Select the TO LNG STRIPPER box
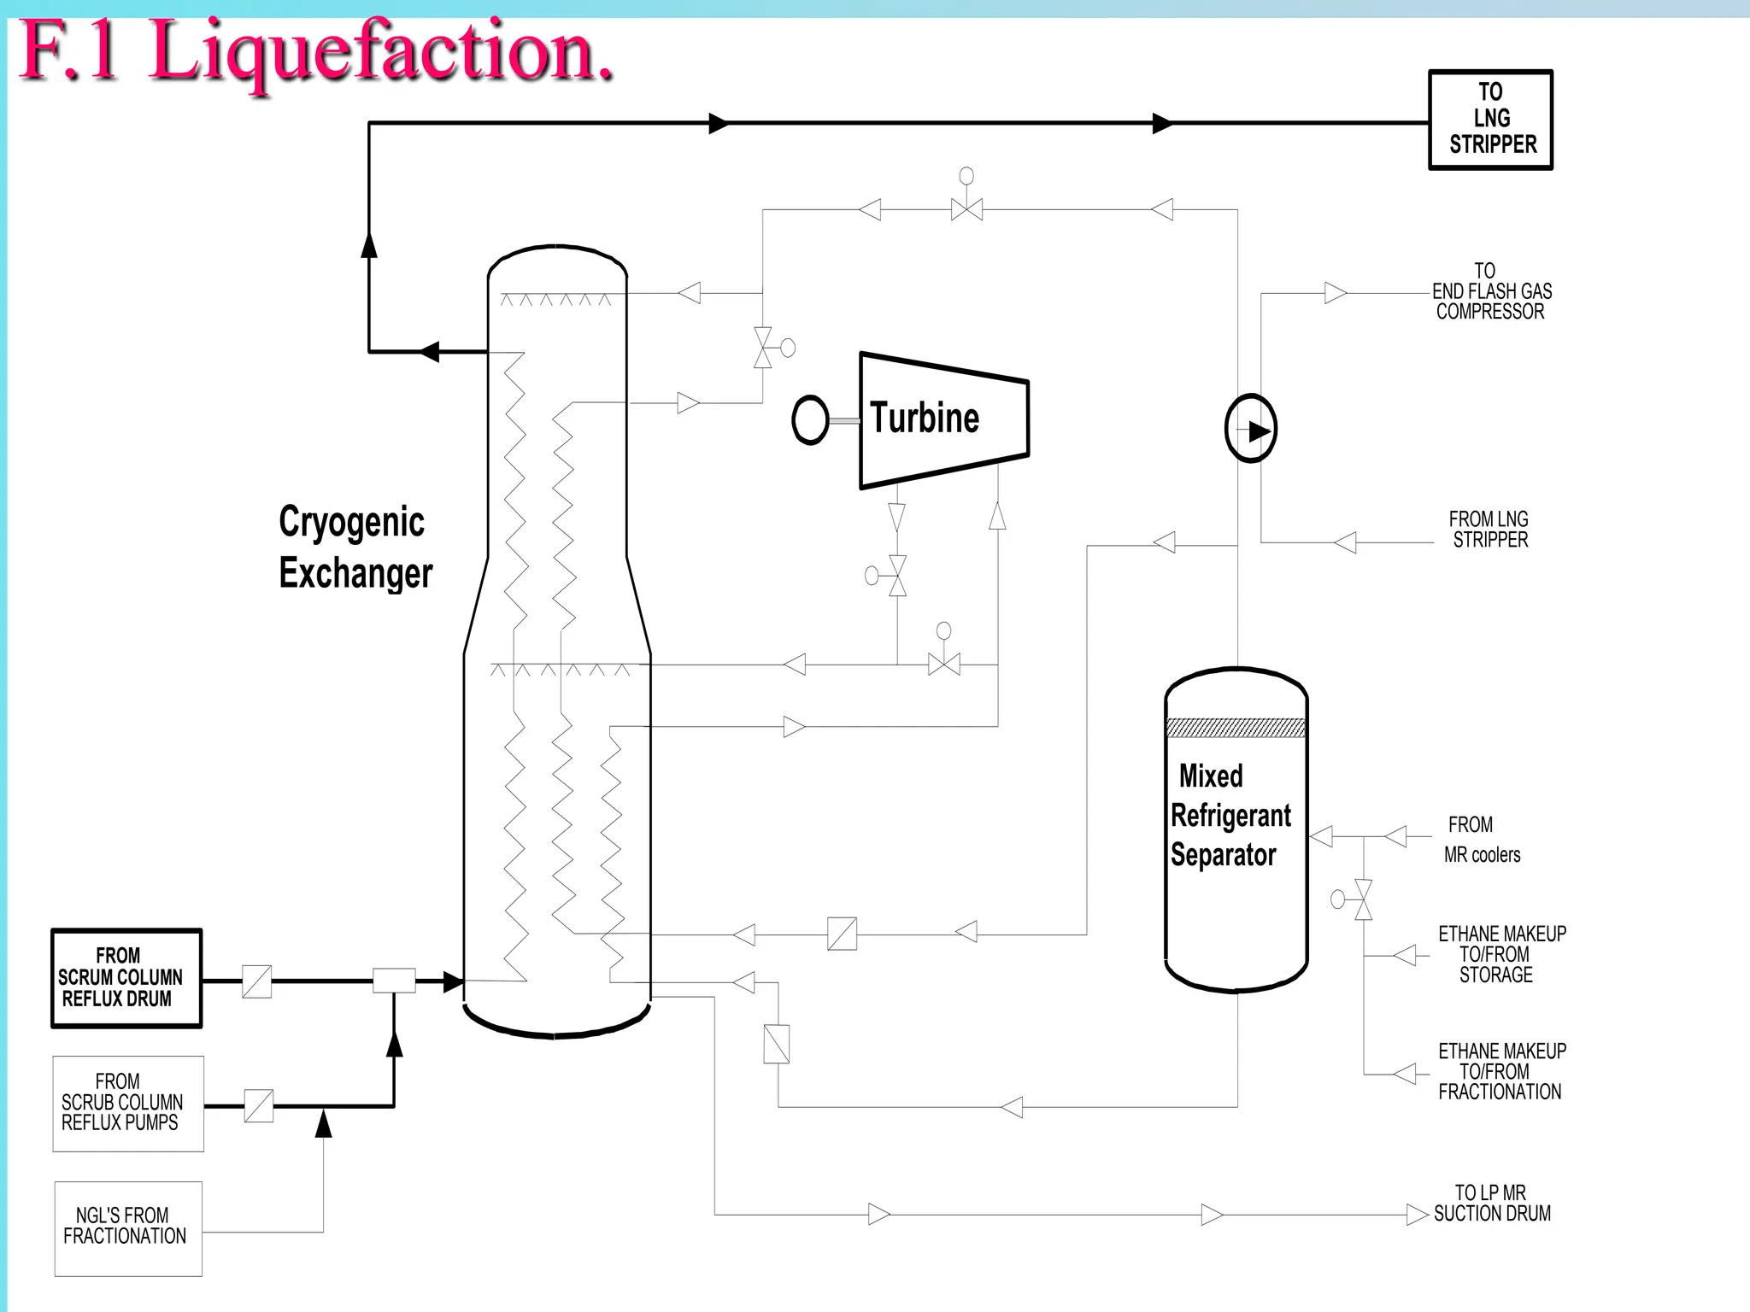tap(1491, 120)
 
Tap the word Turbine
tap(925, 419)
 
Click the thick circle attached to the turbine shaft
tap(810, 419)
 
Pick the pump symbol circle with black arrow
tap(1251, 429)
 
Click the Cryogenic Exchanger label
tap(355, 547)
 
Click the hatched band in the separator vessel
tap(1236, 728)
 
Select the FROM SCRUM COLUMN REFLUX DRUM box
tap(126, 978)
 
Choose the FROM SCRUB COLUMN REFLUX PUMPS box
tap(128, 1104)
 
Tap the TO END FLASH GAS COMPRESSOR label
tap(1491, 292)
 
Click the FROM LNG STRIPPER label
tap(1489, 530)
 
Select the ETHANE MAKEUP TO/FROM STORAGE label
tap(1501, 954)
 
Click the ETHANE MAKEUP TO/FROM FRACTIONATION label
tap(1501, 1071)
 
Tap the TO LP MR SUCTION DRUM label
tap(1491, 1203)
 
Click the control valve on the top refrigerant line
tap(966, 209)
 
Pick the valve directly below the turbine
tap(897, 576)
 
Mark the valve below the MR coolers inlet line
tap(1364, 899)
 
